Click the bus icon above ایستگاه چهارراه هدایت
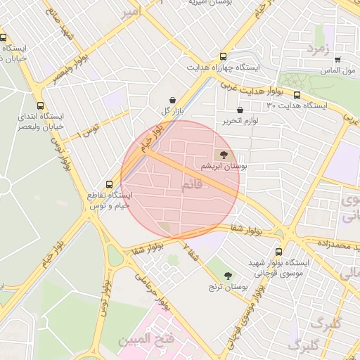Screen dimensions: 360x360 (224, 57)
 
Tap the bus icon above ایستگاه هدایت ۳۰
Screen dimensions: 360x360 (297, 95)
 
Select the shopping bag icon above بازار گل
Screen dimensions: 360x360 (173, 100)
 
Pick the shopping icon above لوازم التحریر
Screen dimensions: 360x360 (240, 110)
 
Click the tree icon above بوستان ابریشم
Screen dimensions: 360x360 (224, 154)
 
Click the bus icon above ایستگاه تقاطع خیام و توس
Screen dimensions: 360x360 (108, 184)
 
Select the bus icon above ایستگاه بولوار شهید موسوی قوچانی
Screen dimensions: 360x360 (279, 251)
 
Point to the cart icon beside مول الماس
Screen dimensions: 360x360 (338, 60)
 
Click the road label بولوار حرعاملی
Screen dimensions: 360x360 (153, 283)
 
